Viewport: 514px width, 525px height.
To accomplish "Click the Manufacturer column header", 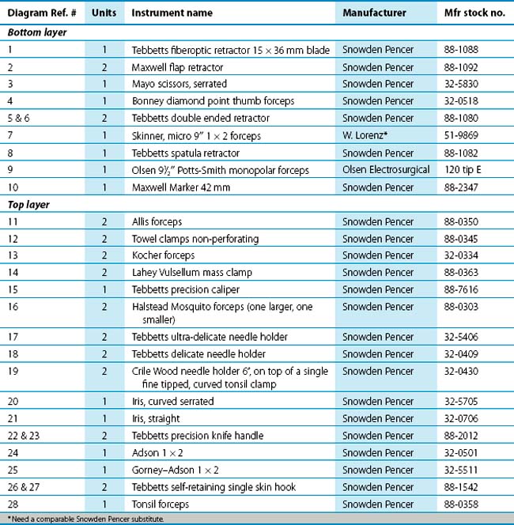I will pyautogui.click(x=374, y=13).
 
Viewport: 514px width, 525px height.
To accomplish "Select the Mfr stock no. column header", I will pyautogui.click(x=474, y=13).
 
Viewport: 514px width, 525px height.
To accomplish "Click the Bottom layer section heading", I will pyautogui.click(x=36, y=32).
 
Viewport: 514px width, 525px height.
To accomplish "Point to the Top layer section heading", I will pyautogui.click(x=29, y=205).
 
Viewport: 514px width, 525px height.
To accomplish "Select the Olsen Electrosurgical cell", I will pyautogui.click(x=385, y=171).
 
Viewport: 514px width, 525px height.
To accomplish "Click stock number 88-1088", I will pyautogui.click(x=466, y=50).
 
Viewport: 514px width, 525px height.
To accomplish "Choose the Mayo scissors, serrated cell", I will pyautogui.click(x=180, y=84).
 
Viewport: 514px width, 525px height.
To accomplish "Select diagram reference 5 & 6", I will pyautogui.click(x=21, y=119).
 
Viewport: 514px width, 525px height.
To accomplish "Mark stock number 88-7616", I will pyautogui.click(x=466, y=290).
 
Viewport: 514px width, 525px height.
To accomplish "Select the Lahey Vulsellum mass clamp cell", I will pyautogui.click(x=192, y=273).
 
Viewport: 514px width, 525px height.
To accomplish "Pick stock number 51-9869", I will pyautogui.click(x=466, y=136).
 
